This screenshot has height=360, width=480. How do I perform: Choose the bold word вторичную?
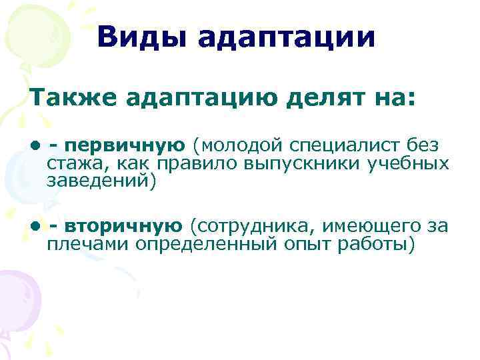[124, 227]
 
